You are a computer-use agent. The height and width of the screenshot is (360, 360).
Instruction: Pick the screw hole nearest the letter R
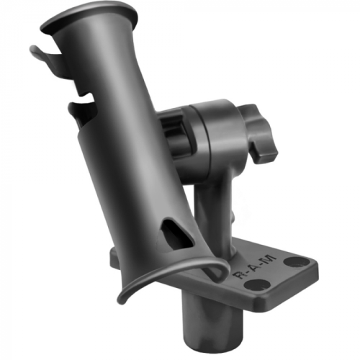coord(252,286)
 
